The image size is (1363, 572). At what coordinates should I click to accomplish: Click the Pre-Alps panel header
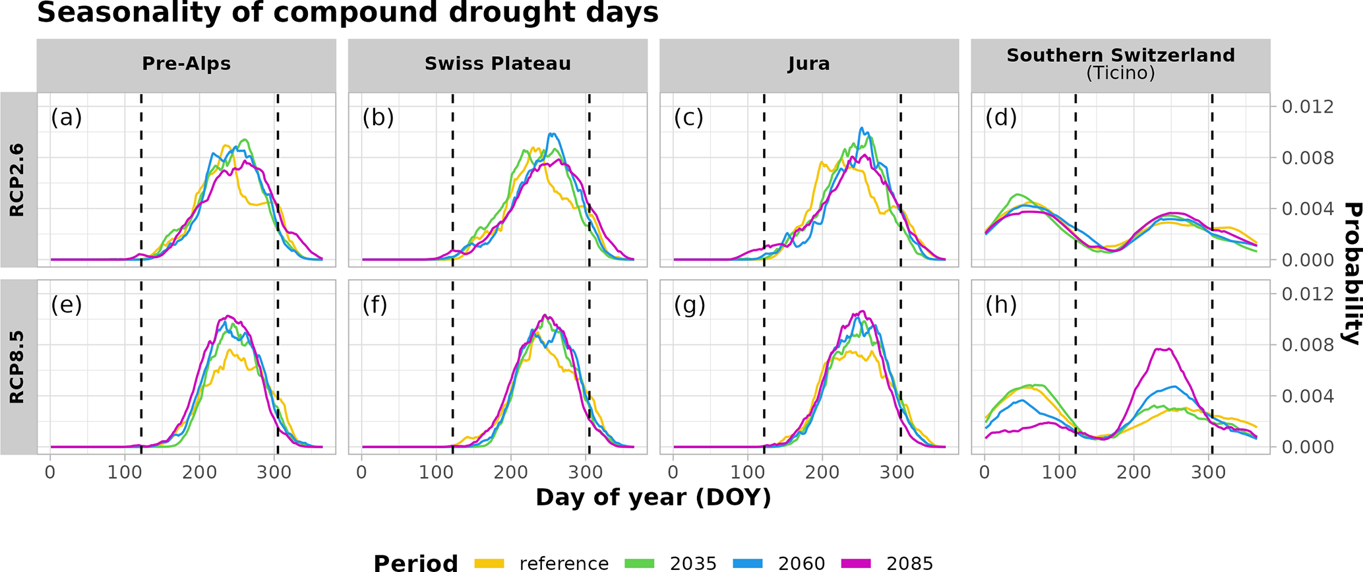186,64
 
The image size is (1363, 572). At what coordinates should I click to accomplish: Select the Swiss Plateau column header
497,64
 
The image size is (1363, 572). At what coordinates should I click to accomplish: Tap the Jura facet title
808,64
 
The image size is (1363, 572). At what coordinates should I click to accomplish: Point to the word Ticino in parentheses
1120,73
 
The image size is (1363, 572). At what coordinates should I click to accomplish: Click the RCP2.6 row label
17,179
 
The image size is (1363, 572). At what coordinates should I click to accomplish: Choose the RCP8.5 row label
17,367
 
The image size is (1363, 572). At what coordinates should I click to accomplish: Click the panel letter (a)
66,118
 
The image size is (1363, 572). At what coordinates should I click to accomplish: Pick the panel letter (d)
1001,118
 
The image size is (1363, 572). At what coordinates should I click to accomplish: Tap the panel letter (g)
689,305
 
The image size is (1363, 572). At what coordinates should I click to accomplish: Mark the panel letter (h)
1001,305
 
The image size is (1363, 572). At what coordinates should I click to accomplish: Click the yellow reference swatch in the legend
489,563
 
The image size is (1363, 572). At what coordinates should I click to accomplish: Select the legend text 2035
693,563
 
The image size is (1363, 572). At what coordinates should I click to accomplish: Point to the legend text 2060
801,563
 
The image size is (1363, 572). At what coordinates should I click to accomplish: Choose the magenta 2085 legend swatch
856,563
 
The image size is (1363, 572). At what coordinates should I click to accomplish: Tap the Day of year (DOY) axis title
653,497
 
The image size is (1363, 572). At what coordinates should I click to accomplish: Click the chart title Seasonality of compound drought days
348,13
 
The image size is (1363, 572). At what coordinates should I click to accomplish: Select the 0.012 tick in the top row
1307,107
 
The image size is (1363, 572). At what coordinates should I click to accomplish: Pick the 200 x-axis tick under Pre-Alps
200,472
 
